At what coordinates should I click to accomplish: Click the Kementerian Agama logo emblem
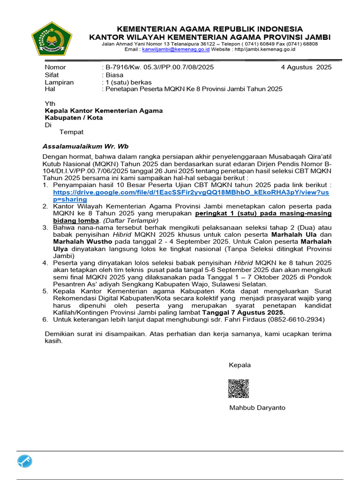[x=52, y=39]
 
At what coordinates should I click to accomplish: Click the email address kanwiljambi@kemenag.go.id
[x=169, y=49]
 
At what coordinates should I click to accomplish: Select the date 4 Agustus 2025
[x=306, y=67]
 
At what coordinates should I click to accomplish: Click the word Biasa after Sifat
[x=115, y=75]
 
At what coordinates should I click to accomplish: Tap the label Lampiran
[x=59, y=82]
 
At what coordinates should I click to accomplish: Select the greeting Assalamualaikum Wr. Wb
[x=86, y=146]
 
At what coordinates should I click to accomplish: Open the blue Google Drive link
[x=197, y=192]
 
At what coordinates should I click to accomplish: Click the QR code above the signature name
[x=239, y=389]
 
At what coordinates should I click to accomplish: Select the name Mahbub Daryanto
[x=257, y=408]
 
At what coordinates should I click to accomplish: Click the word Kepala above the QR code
[x=240, y=365]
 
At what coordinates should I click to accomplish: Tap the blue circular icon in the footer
[x=25, y=461]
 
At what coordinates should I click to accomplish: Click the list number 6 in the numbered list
[x=45, y=319]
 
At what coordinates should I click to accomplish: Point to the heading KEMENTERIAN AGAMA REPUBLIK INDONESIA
[x=210, y=29]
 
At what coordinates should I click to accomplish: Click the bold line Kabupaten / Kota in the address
[x=74, y=118]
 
